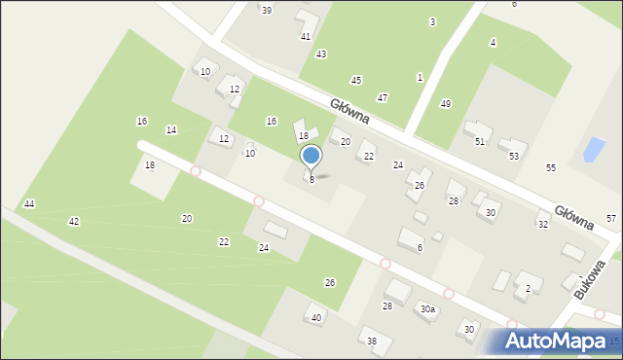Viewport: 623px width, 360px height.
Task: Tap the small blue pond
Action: coord(591,150)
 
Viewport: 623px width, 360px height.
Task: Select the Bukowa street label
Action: coord(590,279)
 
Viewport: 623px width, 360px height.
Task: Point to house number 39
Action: coord(266,10)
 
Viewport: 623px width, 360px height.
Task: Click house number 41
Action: coord(306,36)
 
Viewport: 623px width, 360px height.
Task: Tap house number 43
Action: coord(321,54)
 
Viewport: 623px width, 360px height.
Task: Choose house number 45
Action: coord(356,80)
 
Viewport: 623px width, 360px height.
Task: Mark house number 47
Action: coord(383,98)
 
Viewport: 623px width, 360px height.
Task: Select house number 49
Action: coord(446,104)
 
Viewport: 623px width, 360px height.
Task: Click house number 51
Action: coord(480,142)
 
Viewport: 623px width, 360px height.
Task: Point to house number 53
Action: coord(514,156)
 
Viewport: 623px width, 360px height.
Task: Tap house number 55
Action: coord(551,168)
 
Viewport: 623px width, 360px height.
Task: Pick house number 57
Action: coord(610,219)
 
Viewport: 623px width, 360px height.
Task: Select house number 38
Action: coord(372,341)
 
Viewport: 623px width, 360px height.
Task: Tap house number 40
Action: coord(316,318)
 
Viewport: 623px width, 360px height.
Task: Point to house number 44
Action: coord(29,203)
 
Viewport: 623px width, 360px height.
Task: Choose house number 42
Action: coord(74,222)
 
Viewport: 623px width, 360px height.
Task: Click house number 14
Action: coord(171,129)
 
